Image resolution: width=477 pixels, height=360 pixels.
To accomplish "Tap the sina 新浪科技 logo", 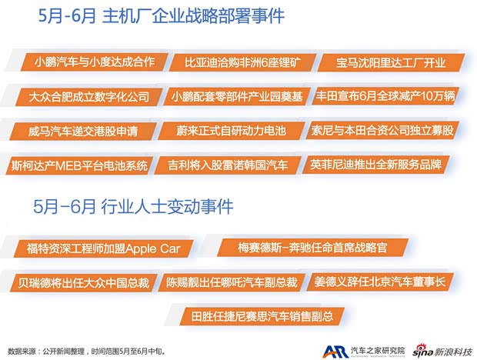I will pos(439,348).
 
